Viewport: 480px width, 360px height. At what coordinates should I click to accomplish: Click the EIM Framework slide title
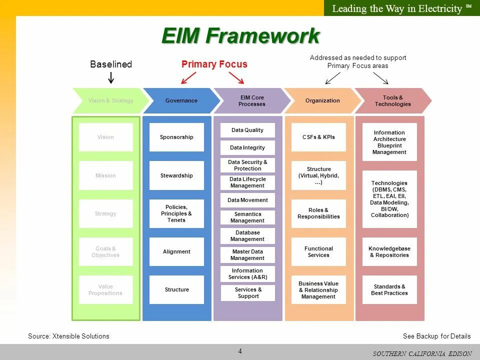240,36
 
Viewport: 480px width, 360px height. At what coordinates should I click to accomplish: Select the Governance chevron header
181,100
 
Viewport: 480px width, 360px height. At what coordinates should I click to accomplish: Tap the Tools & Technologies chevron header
392,100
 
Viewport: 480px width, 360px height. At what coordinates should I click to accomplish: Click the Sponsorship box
176,137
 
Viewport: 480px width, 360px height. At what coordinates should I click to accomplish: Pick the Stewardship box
176,175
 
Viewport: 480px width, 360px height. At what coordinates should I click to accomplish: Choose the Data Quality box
247,130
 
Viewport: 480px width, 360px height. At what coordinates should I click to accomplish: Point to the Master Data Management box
247,255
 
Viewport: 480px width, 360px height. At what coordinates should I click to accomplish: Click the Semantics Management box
247,217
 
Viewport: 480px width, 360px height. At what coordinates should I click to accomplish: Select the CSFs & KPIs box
318,137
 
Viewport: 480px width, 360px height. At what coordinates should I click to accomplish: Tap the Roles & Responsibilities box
318,213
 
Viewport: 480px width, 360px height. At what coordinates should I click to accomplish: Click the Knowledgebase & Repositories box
389,251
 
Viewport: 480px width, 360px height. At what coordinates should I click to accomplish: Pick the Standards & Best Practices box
389,290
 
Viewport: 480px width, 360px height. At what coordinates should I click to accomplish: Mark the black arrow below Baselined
111,77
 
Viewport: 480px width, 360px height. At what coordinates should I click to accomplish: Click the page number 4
240,351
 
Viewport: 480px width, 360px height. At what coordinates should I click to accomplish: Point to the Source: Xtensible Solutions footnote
68,336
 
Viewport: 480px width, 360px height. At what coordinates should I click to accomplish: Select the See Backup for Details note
436,336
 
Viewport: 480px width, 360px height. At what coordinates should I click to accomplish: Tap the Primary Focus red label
214,64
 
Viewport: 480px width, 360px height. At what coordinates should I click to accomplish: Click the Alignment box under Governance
176,251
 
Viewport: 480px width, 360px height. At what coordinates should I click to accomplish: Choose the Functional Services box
318,251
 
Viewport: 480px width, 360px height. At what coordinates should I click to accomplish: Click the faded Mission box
105,175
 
